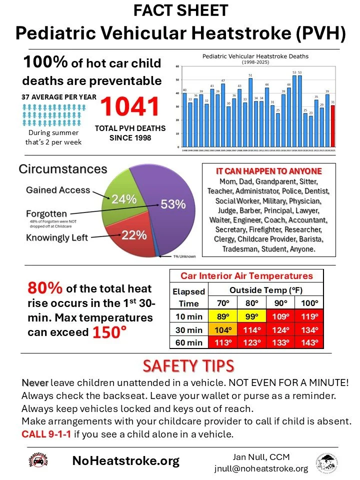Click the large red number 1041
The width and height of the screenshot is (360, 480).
[130, 107]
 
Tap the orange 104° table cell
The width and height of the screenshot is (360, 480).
[221, 330]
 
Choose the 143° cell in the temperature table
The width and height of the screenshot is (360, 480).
[309, 343]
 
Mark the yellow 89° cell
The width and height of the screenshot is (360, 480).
[221, 316]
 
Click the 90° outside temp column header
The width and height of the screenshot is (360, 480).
[280, 303]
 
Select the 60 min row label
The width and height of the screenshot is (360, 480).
[188, 343]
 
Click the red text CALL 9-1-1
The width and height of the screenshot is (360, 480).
[44, 433]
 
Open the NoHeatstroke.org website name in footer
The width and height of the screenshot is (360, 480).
[125, 461]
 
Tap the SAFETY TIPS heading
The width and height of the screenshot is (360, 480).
[188, 366]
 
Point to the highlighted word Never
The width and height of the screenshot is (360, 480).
[35, 382]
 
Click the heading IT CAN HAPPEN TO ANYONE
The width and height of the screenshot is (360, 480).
[269, 170]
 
